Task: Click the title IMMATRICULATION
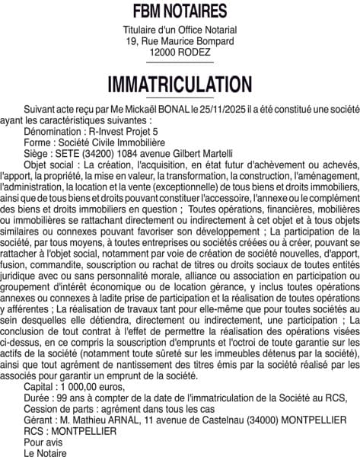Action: pyautogui.click(x=180, y=83)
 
